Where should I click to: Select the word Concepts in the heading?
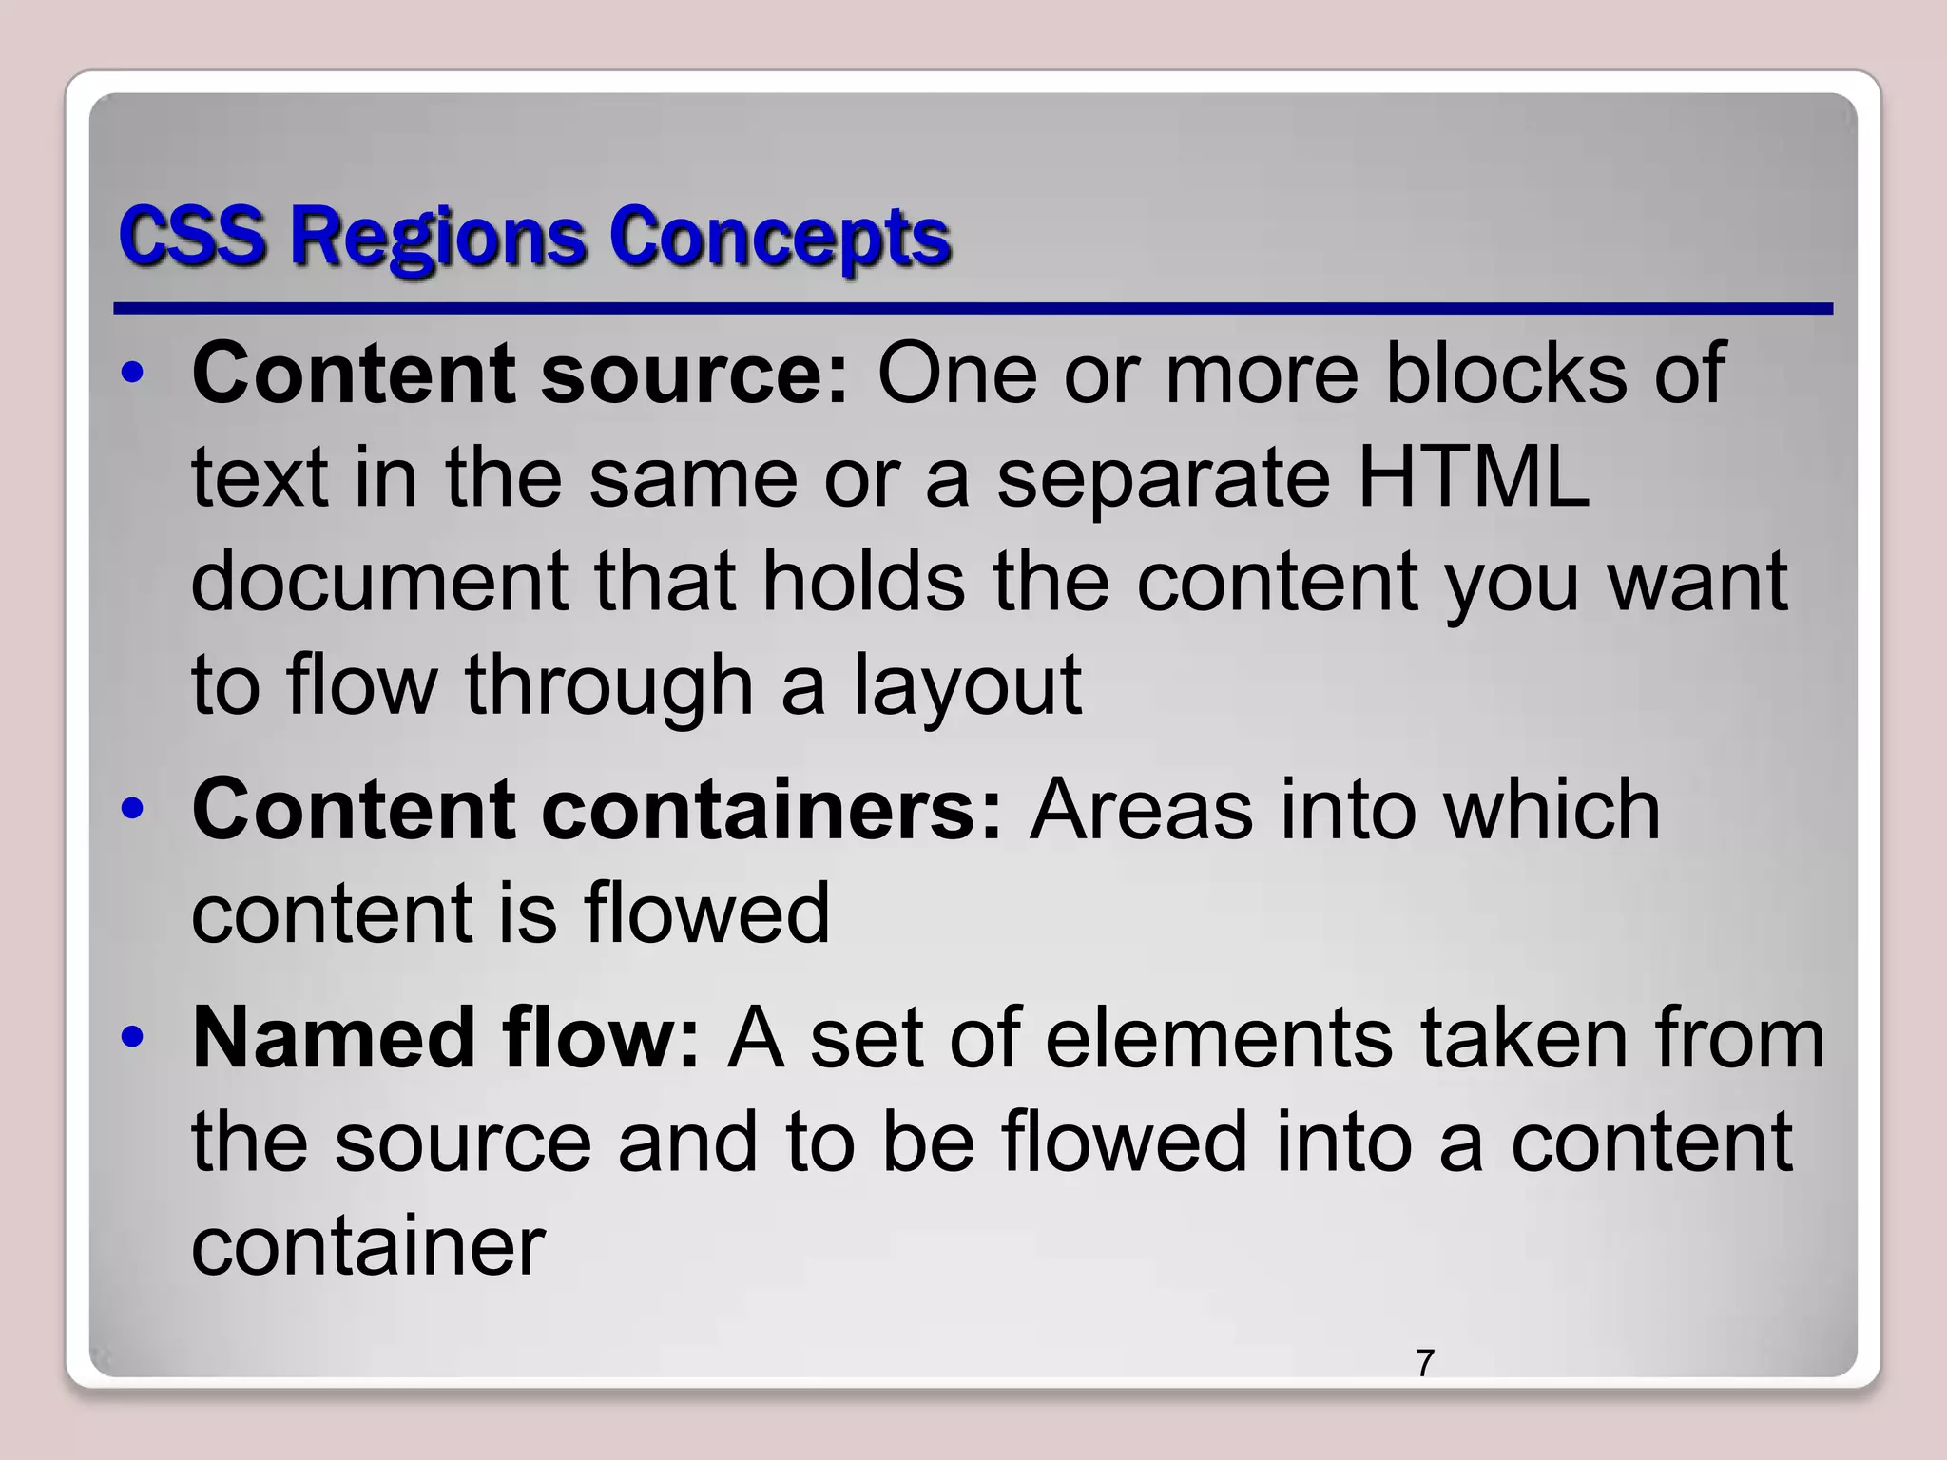(779, 238)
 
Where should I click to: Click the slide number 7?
(1424, 1363)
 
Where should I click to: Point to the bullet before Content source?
(134, 373)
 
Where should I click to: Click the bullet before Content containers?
(134, 809)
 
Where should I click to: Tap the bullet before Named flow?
(134, 1037)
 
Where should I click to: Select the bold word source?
(694, 373)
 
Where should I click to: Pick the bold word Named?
(333, 1037)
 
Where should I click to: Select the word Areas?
(1142, 809)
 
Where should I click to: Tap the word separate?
(1163, 478)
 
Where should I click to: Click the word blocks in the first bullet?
(1506, 373)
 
